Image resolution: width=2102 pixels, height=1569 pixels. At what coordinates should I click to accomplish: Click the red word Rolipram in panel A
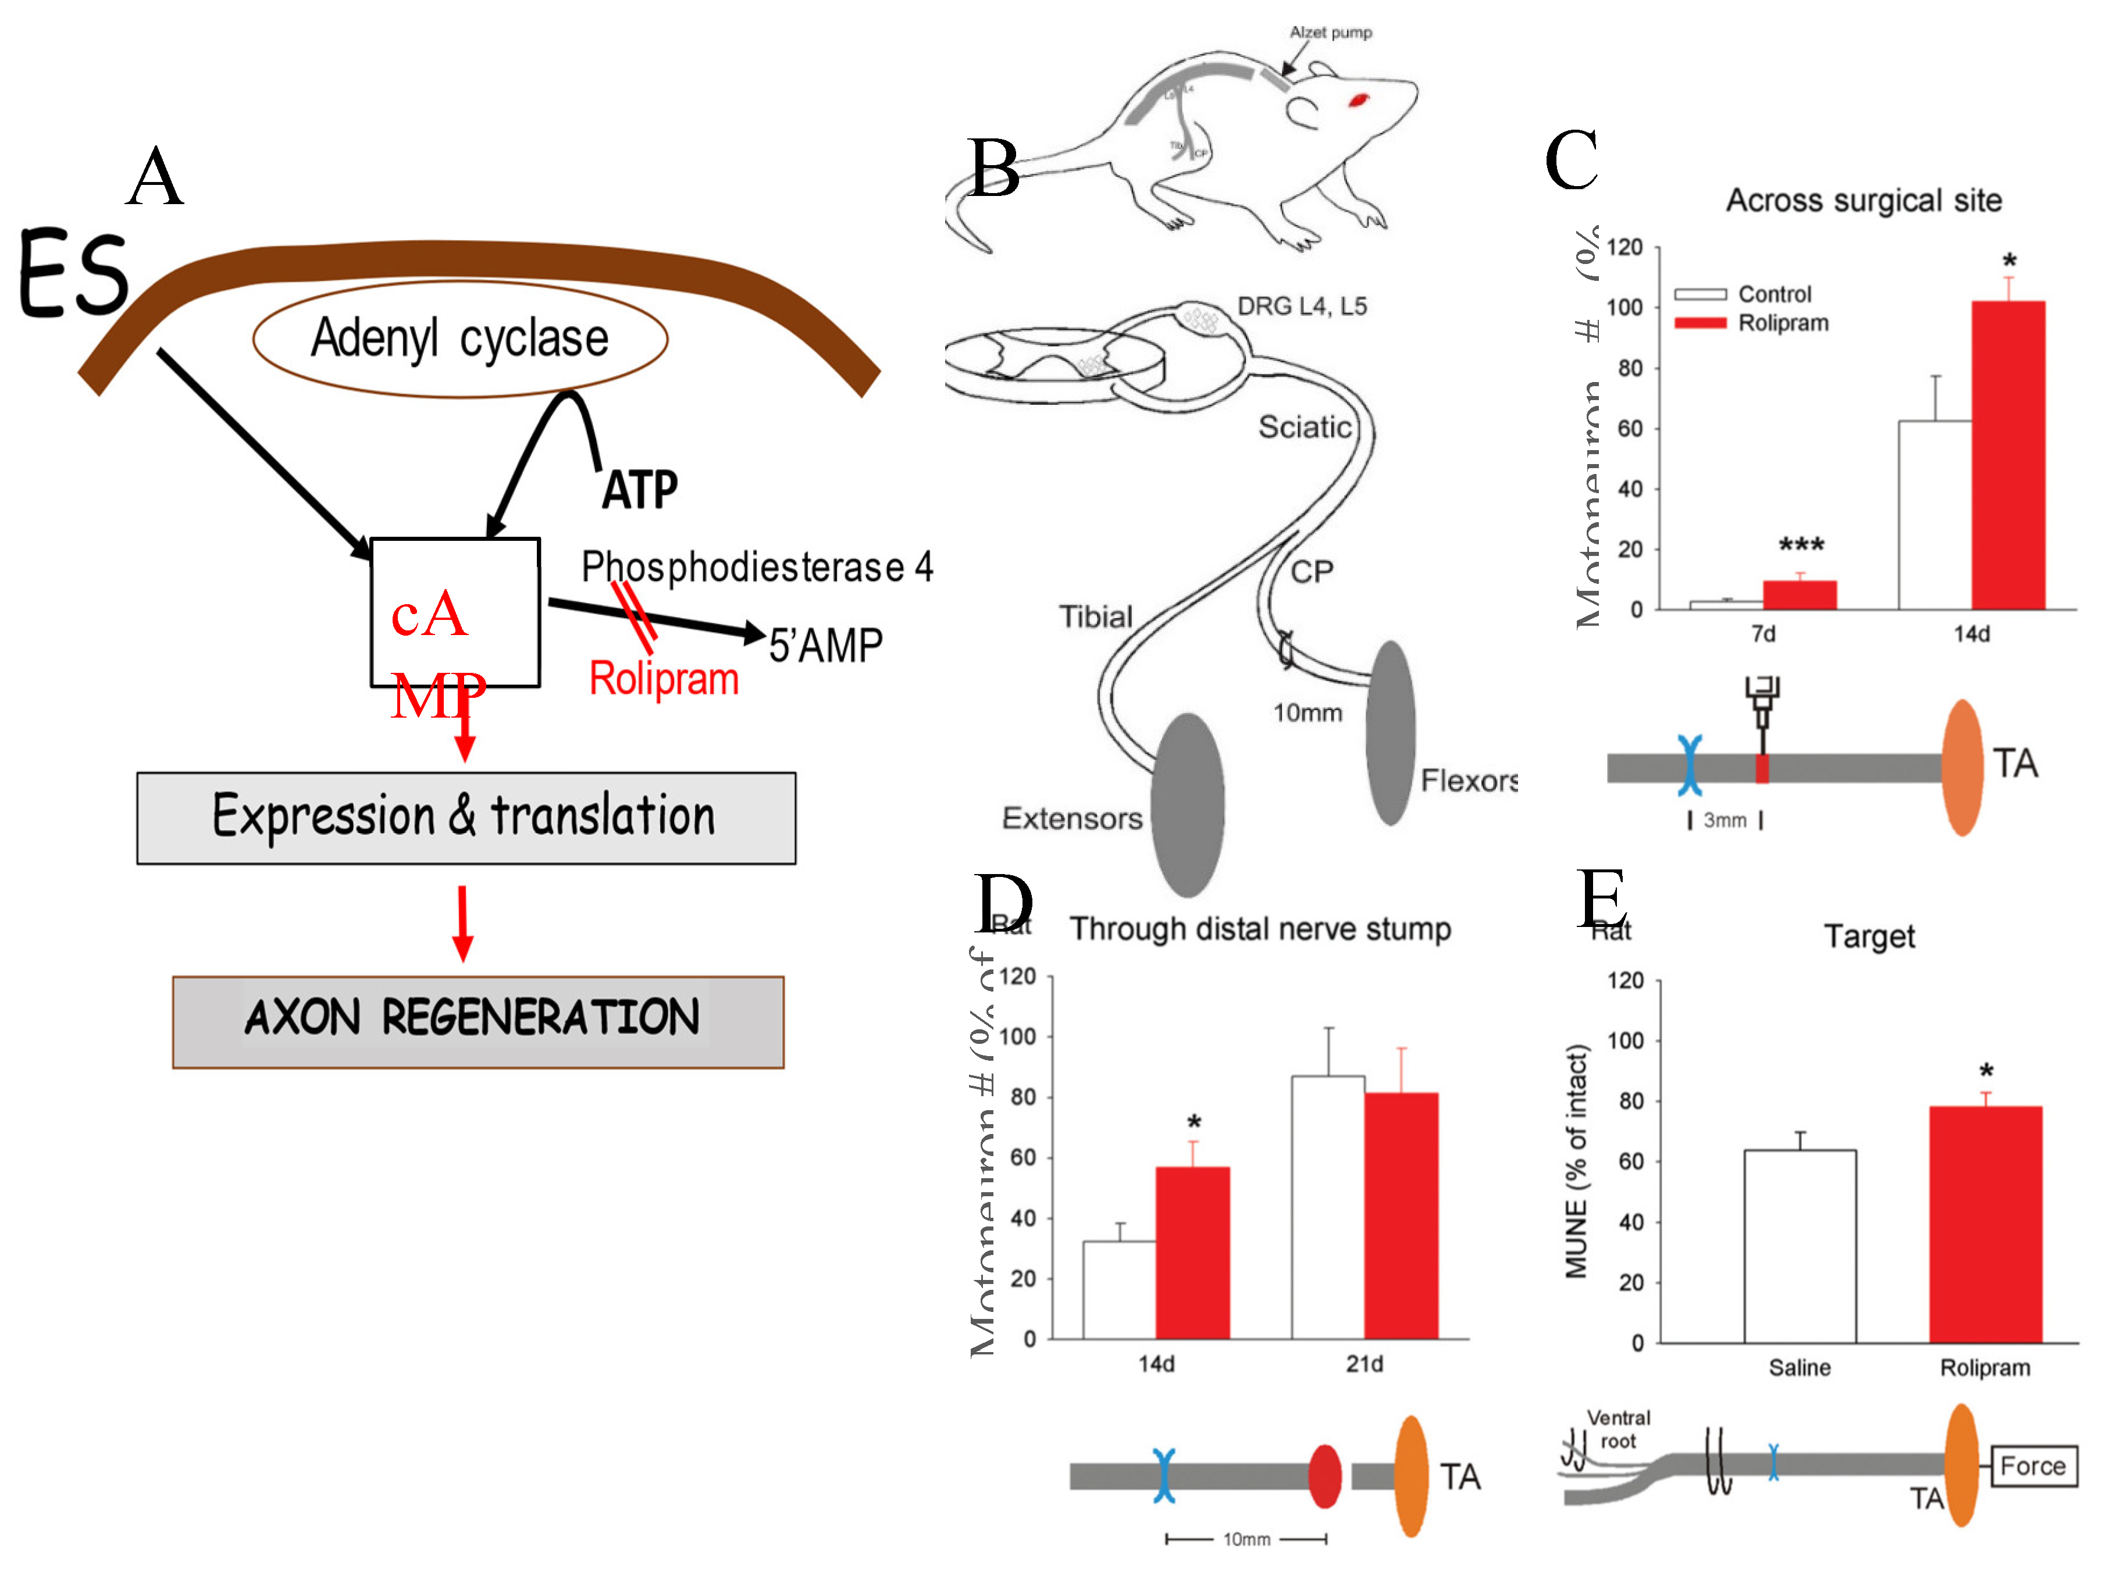pyautogui.click(x=663, y=679)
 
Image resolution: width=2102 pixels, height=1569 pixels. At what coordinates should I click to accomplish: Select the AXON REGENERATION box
pyautogui.click(x=478, y=1021)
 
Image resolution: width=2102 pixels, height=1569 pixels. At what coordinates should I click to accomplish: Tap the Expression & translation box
pyautogui.click(x=465, y=817)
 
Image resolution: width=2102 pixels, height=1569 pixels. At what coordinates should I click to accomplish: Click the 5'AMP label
pyautogui.click(x=825, y=646)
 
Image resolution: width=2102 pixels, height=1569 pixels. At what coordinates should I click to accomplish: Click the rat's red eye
pyautogui.click(x=1358, y=99)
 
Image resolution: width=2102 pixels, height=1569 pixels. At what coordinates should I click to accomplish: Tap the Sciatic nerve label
pyautogui.click(x=1304, y=427)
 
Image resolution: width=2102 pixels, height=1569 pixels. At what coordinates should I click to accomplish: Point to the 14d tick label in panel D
pyautogui.click(x=1155, y=1364)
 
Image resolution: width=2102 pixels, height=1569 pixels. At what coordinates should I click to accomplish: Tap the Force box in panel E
pyautogui.click(x=2033, y=1465)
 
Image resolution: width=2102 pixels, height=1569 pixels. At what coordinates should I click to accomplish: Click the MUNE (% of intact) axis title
pyautogui.click(x=1577, y=1161)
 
